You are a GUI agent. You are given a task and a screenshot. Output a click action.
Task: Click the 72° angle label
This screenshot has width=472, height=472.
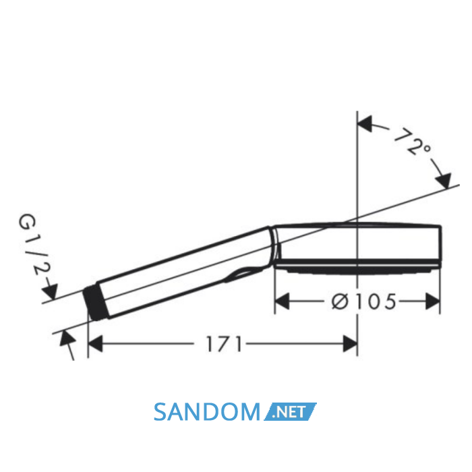point(413,142)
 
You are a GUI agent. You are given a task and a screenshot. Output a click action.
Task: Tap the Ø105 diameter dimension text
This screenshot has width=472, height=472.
point(364,301)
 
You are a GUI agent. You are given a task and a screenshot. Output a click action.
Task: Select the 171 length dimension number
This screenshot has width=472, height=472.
point(224,344)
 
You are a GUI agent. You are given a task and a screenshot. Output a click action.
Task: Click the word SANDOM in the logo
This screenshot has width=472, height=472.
point(207,411)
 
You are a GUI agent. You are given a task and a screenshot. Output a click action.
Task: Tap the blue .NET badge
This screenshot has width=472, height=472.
point(290,411)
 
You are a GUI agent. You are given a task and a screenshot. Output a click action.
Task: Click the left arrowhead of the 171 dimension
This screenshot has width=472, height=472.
point(96,344)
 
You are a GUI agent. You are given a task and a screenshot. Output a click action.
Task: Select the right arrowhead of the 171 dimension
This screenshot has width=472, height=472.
point(350,344)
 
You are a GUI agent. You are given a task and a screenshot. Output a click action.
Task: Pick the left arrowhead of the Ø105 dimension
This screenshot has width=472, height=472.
point(283,301)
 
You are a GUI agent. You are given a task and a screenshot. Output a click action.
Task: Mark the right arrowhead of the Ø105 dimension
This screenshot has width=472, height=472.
point(433,301)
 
